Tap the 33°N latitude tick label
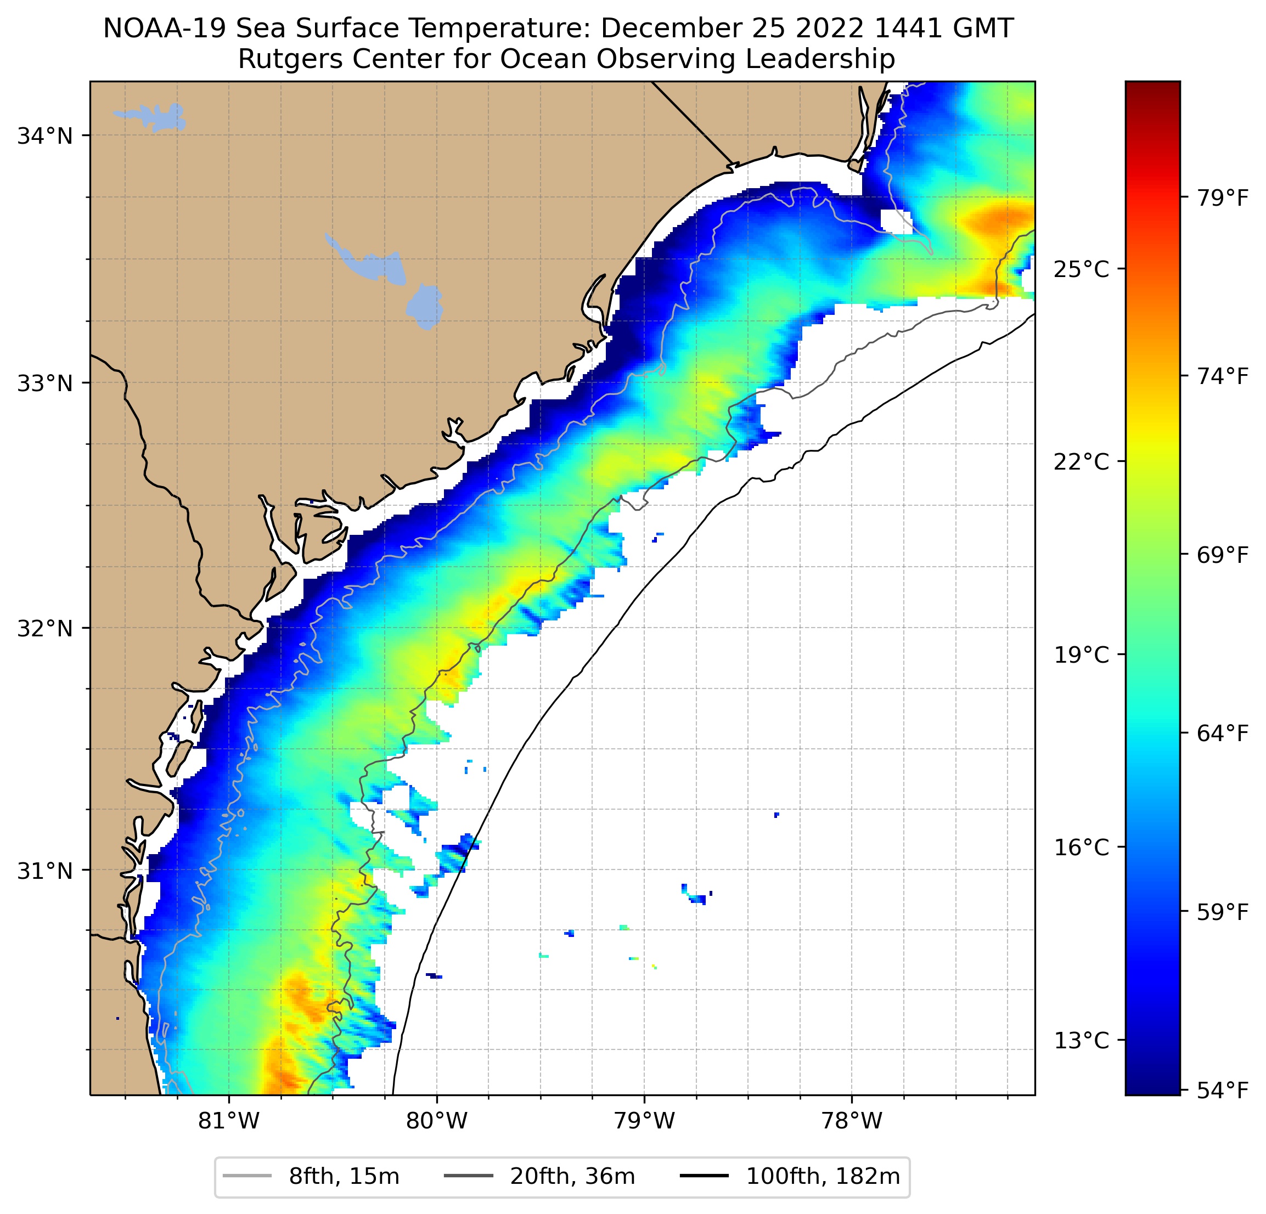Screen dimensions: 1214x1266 (44, 383)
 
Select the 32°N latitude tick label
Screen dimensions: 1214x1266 (44, 628)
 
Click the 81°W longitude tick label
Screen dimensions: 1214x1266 (229, 1121)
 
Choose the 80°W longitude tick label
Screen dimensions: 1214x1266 (437, 1121)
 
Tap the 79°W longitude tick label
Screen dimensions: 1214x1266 (644, 1121)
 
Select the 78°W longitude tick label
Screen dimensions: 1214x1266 (851, 1121)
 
